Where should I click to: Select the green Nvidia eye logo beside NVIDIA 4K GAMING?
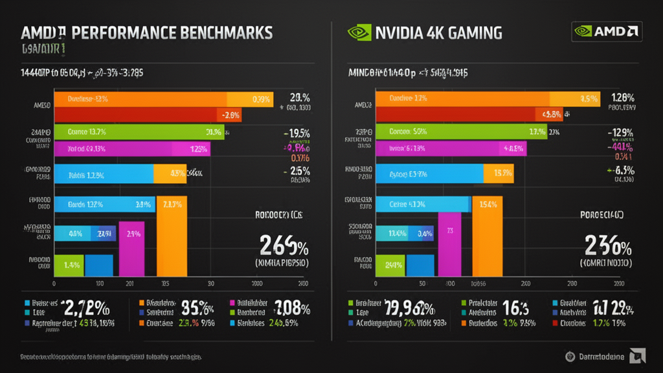click(359, 32)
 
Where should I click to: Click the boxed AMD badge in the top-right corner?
click(607, 30)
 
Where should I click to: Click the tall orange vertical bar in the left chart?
click(172, 240)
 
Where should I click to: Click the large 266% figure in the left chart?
click(284, 246)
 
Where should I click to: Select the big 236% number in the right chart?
click(608, 246)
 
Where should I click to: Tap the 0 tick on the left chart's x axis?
click(54, 284)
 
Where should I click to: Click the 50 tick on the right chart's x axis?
click(421, 284)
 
